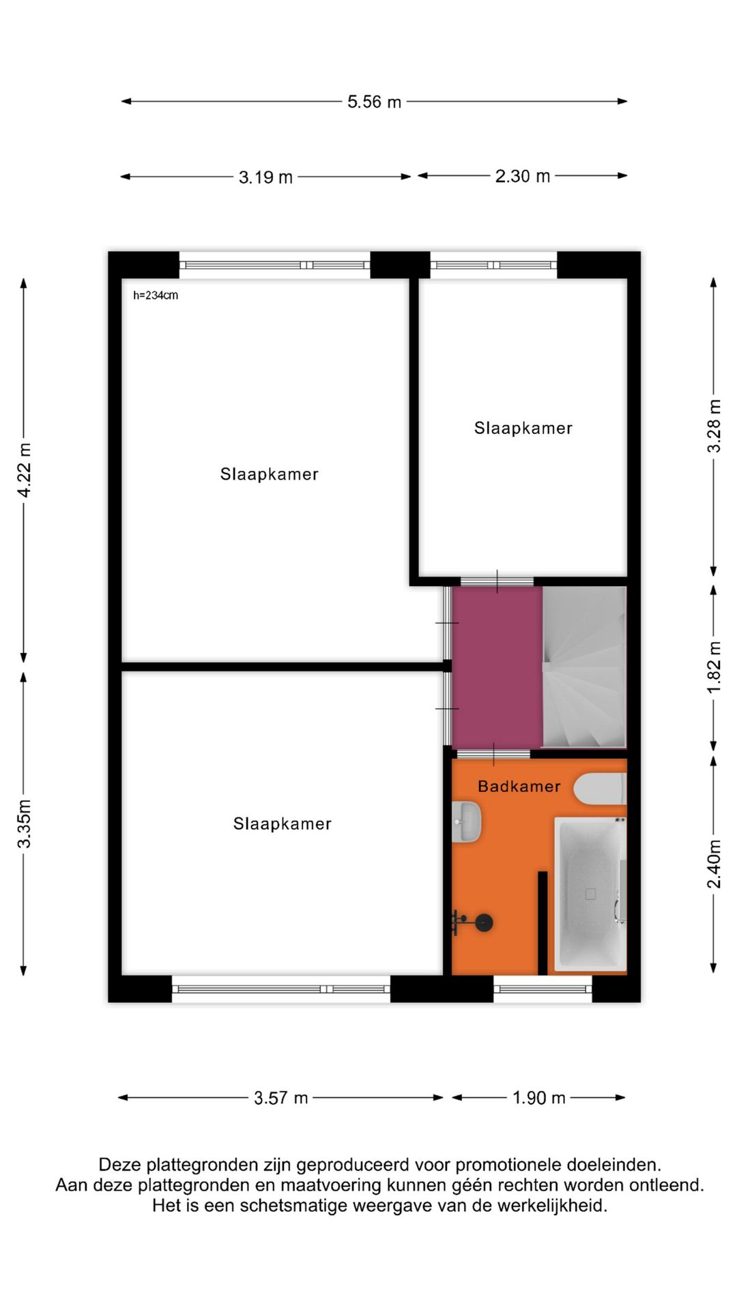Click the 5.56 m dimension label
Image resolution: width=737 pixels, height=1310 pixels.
pos(374,102)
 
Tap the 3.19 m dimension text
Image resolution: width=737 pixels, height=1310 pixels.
pos(265,177)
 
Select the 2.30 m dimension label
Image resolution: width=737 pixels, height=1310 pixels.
pos(522,176)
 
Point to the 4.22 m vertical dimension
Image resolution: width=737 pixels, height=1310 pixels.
pos(25,470)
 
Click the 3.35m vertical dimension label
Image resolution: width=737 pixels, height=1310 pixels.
pos(25,823)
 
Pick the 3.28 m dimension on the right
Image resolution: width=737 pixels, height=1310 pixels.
pos(714,426)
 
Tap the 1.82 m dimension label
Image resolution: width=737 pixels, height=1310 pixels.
pos(714,667)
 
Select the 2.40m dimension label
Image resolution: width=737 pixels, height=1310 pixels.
pos(714,863)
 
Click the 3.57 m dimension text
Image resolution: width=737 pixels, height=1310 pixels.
pos(280,1098)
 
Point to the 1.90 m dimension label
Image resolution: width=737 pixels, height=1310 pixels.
pos(538,1098)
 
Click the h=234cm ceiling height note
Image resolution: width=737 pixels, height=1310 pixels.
pos(156,295)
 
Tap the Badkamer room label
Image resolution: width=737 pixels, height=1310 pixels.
pos(519,786)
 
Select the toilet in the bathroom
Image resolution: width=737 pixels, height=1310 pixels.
pos(599,789)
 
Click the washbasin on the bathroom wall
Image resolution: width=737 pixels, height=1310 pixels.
pos(467,821)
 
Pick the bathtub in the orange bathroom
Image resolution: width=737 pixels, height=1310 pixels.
pos(590,894)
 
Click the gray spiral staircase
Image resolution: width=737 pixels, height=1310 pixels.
pos(584,667)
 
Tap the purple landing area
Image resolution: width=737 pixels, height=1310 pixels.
pos(497,667)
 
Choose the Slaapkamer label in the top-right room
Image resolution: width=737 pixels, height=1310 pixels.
pos(523,428)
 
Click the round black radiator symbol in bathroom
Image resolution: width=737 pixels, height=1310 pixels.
pos(484,922)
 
